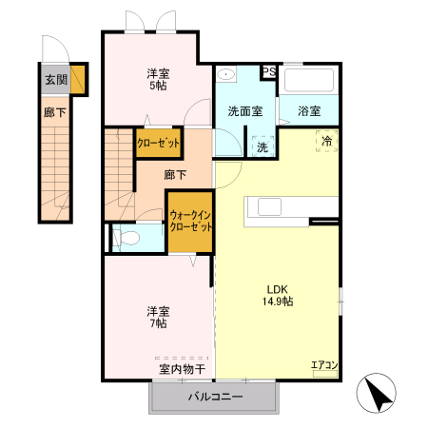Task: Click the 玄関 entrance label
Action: point(54,80)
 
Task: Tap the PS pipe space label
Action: point(269,71)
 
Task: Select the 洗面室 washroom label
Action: point(244,111)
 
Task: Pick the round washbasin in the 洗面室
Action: point(226,74)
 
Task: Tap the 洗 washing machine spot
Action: point(262,146)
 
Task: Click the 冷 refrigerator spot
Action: point(327,143)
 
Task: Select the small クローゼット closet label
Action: point(158,143)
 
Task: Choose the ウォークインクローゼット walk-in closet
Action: point(190,221)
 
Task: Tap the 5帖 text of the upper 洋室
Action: point(157,87)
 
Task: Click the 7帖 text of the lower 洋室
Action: point(157,324)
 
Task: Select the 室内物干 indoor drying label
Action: point(182,368)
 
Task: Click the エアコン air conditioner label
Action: point(324,364)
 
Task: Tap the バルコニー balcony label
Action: point(215,397)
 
